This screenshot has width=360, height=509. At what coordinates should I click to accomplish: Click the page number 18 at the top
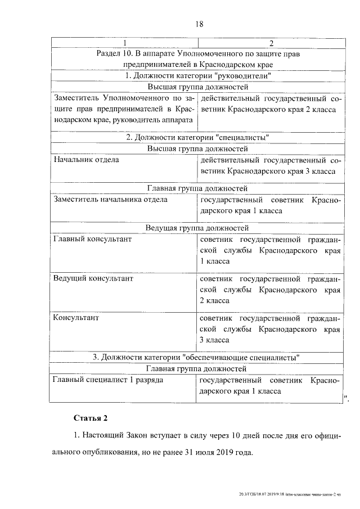(199, 24)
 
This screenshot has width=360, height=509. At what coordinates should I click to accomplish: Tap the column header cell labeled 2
(271, 43)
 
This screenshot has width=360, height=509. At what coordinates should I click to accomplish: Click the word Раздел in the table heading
(110, 54)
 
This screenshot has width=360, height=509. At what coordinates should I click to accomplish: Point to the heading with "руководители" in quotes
(198, 76)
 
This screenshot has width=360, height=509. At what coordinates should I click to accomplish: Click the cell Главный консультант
(92, 239)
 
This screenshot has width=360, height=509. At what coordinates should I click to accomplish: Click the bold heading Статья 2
(89, 418)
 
